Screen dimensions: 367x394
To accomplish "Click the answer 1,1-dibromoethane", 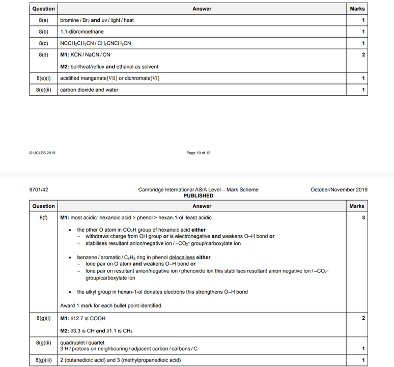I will point(82,32).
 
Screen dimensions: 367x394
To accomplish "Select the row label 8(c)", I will point(43,43).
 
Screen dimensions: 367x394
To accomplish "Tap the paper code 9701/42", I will point(40,190).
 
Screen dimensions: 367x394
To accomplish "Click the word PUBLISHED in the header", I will point(199,195).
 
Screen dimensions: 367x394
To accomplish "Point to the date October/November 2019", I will point(339,190).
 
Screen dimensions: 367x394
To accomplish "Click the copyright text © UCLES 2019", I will point(43,153).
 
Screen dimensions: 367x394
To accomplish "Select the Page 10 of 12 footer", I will point(199,153).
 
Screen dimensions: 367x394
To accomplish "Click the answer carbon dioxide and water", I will point(89,90).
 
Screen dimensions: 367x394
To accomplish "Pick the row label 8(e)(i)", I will point(43,78).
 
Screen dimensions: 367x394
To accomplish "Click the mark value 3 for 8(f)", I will point(363,218).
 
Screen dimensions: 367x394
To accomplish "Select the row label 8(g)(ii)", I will point(43,344).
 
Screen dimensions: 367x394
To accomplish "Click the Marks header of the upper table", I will point(357,9).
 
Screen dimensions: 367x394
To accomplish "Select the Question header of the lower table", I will point(43,206).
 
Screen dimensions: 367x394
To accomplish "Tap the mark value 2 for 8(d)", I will point(363,54).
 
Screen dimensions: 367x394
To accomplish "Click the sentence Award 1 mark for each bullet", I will point(111,305).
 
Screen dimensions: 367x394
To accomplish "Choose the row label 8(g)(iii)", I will point(43,360).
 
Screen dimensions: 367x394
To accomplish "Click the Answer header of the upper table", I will point(202,9).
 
